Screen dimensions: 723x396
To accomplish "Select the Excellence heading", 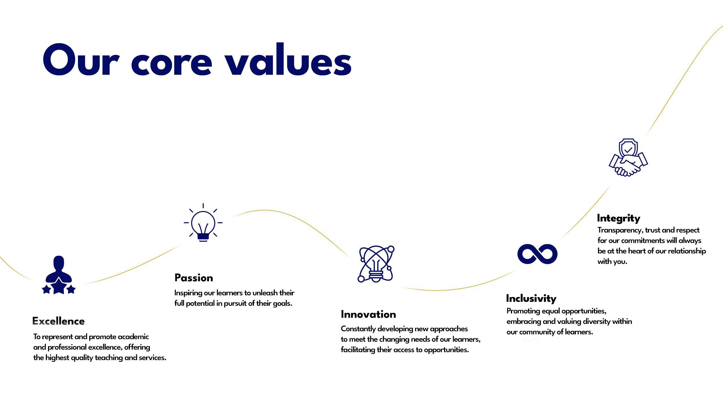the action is (58, 321).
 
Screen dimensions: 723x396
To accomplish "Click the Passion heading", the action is (194, 278).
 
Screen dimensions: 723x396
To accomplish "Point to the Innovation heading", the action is (368, 314).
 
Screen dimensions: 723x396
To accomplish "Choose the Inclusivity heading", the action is (531, 298).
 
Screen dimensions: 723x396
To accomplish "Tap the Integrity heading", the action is (619, 218).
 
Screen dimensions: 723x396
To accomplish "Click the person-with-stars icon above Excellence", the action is (59, 275).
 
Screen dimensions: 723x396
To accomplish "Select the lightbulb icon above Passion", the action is (203, 223).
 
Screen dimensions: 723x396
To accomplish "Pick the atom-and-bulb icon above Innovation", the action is (376, 264).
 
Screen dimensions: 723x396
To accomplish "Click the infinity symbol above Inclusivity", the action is (537, 254).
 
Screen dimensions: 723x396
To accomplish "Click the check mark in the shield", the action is (628, 150).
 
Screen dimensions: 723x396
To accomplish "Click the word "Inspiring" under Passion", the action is (188, 293).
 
